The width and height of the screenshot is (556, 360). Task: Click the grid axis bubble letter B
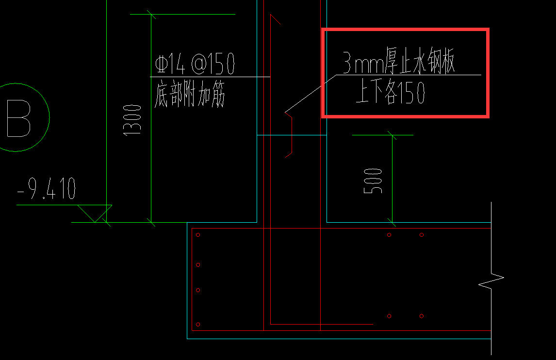[x=18, y=118]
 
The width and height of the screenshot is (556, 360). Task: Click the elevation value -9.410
[x=47, y=188]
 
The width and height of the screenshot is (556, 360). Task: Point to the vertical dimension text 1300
[x=132, y=120]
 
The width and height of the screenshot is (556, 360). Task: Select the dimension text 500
[x=373, y=181]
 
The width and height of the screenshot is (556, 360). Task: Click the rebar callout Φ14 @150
[x=195, y=64]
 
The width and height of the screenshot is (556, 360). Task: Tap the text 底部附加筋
[x=190, y=94]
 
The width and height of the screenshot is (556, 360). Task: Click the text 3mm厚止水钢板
[x=398, y=61]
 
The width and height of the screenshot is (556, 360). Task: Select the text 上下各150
[x=390, y=91]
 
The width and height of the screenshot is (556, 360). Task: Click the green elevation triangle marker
[x=95, y=213]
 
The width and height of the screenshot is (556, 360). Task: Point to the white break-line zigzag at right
[x=491, y=278]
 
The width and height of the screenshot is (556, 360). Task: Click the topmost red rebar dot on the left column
[x=198, y=235]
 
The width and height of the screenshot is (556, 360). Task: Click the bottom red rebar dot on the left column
[x=198, y=325]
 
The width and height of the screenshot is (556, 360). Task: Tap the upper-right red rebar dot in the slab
[x=422, y=235]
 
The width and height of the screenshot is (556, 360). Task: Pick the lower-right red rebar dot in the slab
[x=422, y=316]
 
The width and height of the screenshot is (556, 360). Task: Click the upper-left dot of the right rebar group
[x=389, y=235]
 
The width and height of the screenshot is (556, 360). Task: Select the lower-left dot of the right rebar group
[x=389, y=316]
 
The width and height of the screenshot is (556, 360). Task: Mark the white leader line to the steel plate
[x=311, y=94]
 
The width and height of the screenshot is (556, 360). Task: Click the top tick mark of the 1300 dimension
[x=151, y=15]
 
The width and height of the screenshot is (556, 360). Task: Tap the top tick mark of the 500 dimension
[x=392, y=135]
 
